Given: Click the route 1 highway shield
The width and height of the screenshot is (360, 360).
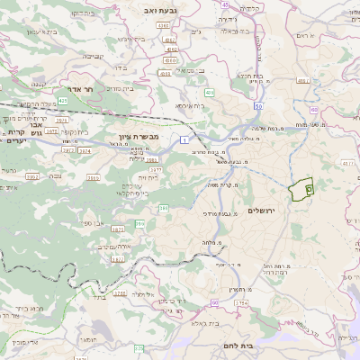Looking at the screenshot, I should click(x=184, y=139).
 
